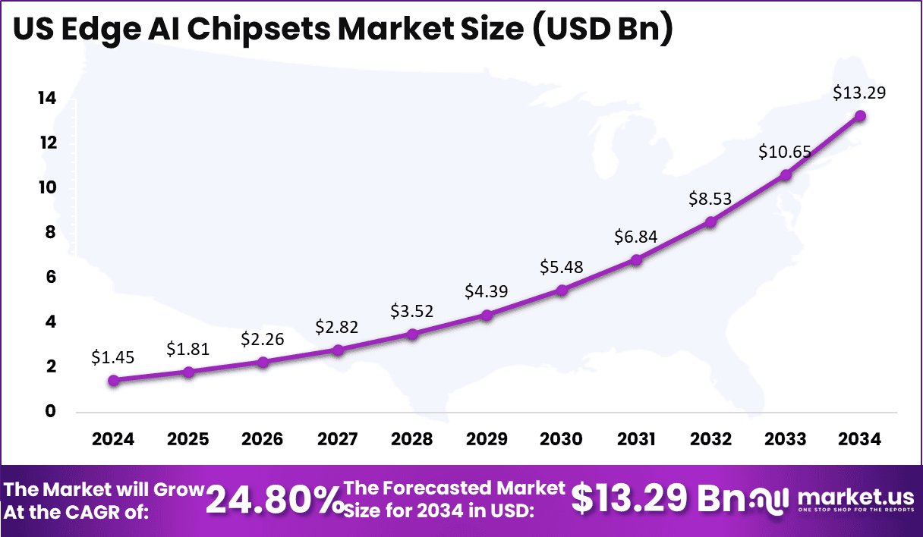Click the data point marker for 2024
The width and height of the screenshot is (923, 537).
[x=113, y=381]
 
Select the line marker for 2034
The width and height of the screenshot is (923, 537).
[x=860, y=116]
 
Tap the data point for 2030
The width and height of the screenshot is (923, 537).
[x=562, y=290]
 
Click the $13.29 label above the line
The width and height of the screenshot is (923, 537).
[x=859, y=93]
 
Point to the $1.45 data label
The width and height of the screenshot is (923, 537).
[x=113, y=356]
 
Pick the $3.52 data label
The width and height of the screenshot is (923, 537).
[x=412, y=311]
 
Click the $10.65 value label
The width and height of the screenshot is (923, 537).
[x=785, y=152]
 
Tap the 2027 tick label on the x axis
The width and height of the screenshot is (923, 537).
[x=337, y=440]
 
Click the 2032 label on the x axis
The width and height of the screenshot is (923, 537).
[x=710, y=440]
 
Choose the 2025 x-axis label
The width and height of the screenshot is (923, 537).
[x=187, y=440]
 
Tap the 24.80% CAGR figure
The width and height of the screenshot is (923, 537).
[x=274, y=500]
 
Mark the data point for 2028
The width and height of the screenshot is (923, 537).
[x=412, y=334]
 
